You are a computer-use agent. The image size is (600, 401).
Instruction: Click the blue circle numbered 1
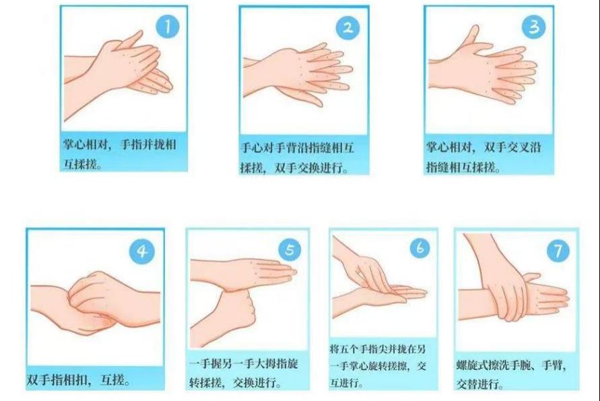pos(168,26)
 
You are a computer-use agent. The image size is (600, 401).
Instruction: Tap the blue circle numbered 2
pos(347,28)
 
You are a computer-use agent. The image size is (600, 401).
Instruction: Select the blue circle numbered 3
pos(534,26)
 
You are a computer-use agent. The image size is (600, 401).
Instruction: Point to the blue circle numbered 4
pos(142,251)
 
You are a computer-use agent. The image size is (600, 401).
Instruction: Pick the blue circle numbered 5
pos(290,250)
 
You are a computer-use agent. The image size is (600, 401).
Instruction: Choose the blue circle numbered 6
pos(420,247)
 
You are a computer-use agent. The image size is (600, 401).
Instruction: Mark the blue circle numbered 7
pos(558,251)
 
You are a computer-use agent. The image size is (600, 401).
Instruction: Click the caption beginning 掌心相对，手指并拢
pos(120,154)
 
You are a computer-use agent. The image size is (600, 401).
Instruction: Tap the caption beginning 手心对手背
pos(298,158)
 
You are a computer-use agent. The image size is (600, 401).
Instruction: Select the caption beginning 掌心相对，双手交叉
pos(484,157)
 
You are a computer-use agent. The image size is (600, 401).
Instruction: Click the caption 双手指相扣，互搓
pos(79,380)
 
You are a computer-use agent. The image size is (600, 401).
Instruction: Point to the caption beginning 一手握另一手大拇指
pos(244,373)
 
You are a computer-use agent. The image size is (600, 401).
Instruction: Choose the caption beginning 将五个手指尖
pos(378,365)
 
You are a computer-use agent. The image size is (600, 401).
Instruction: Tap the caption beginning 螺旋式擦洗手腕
pos(511,374)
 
